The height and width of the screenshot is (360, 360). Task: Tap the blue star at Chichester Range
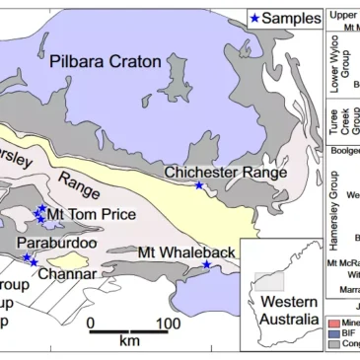point(199,185)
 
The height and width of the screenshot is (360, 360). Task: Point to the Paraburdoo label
point(57,243)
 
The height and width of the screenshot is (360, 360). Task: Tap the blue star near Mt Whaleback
point(206,264)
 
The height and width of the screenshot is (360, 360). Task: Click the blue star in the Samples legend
point(256,18)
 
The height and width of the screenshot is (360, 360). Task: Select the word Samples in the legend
point(293,18)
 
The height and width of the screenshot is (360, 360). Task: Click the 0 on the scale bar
point(90,323)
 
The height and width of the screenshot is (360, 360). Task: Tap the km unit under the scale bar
point(128,341)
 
